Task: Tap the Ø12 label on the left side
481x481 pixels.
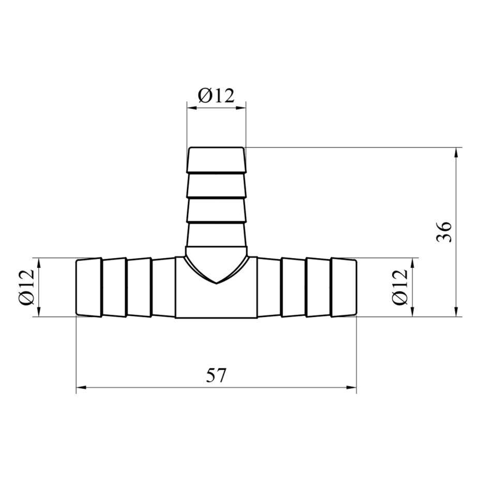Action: coord(26,287)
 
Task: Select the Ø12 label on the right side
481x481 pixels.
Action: coord(400,287)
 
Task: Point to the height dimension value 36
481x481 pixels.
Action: coord(444,232)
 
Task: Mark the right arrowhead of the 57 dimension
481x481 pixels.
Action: coord(352,387)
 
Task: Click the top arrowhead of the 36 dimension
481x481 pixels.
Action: coord(457,153)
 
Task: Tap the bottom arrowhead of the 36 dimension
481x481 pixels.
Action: coord(457,312)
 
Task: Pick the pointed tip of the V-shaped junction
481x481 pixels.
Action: coord(217,283)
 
